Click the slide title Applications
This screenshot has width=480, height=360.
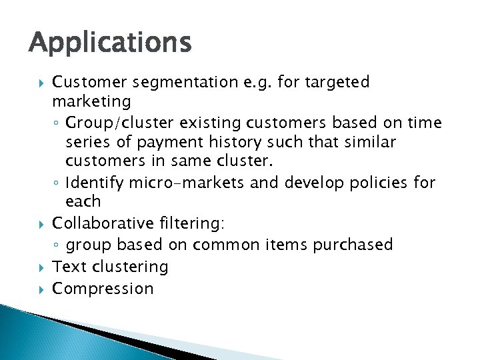coord(110,43)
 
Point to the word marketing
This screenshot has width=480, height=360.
coord(91,101)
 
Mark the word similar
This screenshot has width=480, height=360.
coord(369,142)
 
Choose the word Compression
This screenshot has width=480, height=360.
coord(103,289)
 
